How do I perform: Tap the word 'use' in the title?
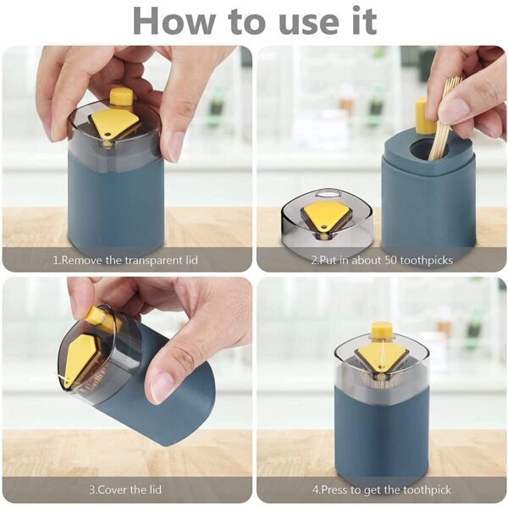307,20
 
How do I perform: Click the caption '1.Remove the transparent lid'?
125,260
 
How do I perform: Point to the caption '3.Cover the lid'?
126,490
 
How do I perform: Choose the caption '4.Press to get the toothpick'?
381,490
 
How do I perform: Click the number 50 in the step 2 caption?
385,260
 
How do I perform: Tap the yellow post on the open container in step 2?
421,116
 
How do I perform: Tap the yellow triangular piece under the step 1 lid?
115,124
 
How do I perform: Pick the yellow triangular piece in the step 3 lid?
83,357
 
